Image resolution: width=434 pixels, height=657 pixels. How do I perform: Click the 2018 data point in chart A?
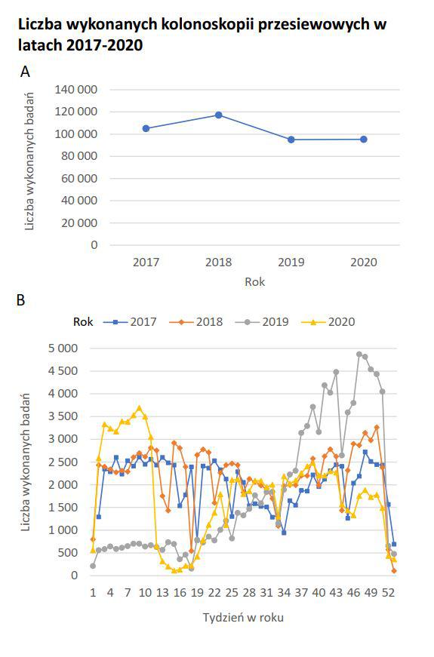(218, 115)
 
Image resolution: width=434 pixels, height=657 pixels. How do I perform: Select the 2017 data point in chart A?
(146, 128)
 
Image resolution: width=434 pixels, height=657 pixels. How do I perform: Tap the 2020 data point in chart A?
(364, 139)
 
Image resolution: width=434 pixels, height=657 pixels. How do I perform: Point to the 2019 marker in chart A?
(291, 139)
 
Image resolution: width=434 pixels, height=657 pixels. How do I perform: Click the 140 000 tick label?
(76, 90)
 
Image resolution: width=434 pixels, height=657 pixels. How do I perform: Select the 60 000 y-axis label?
(79, 179)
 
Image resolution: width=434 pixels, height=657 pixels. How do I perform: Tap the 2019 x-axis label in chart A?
(291, 262)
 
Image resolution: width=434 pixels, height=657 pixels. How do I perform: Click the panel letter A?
(25, 72)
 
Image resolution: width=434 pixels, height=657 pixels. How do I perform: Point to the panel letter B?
(20, 300)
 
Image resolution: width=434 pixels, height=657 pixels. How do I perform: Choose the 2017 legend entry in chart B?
(130, 322)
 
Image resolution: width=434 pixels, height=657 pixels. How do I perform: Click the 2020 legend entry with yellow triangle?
(328, 322)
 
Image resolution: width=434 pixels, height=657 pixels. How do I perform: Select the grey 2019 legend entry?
(262, 322)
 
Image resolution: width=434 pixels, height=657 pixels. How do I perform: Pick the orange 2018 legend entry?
(195, 322)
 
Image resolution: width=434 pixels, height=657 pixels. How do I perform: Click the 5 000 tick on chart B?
(63, 348)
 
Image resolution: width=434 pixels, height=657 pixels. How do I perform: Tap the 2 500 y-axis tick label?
(63, 462)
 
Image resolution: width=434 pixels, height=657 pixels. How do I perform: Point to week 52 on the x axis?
(388, 593)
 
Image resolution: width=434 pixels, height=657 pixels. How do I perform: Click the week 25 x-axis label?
(232, 593)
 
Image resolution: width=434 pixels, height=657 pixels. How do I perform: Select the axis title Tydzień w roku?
(243, 618)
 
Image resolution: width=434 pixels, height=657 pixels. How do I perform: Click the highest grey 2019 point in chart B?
(359, 354)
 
